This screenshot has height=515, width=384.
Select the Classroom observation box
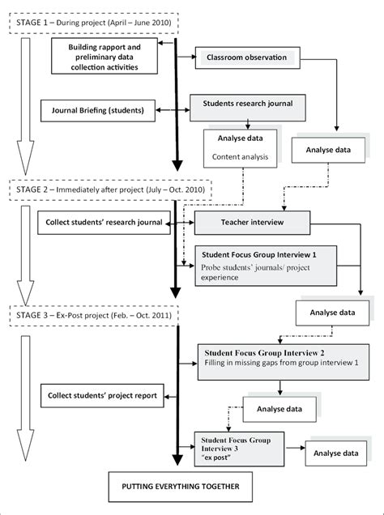[x=246, y=58]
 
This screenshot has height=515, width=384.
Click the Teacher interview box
[x=250, y=220]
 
